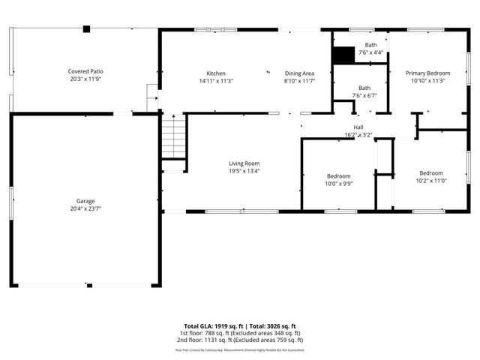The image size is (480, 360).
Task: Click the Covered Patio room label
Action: pos(85,71)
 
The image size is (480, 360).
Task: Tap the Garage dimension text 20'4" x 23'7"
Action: pos(85,208)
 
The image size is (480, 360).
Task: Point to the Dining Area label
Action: pos(299,73)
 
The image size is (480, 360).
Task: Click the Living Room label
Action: pos(244,163)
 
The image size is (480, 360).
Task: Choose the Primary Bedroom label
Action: pos(428,73)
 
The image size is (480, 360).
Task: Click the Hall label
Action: pos(358,128)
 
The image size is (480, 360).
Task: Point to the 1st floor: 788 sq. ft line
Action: pos(239,333)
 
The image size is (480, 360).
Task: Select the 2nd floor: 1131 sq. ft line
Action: pos(239,340)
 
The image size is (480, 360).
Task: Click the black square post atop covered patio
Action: pos(87,29)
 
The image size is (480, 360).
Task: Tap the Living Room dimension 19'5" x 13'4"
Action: pos(244,171)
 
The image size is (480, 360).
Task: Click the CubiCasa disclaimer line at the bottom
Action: pos(239,349)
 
